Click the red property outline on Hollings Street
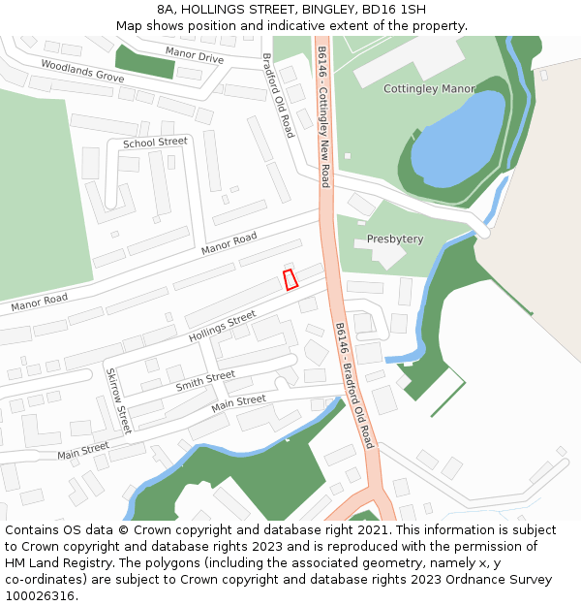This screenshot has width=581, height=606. pos(290,279)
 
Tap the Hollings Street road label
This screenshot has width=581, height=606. pos(222,325)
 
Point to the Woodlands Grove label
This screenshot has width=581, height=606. pos(82,70)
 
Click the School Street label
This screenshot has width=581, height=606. pos(155,143)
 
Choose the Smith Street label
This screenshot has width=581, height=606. pos(205,381)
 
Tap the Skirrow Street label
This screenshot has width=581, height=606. pos(117,400)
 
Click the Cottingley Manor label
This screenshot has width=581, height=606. pos(429,88)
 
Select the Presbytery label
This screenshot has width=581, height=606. pos(395,239)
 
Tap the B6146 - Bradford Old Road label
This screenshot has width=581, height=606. pos(353,384)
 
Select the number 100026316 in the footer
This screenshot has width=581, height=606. pos(40,595)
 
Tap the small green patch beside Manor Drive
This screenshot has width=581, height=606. pos(145,61)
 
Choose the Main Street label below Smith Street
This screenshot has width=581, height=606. pos(238,400)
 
